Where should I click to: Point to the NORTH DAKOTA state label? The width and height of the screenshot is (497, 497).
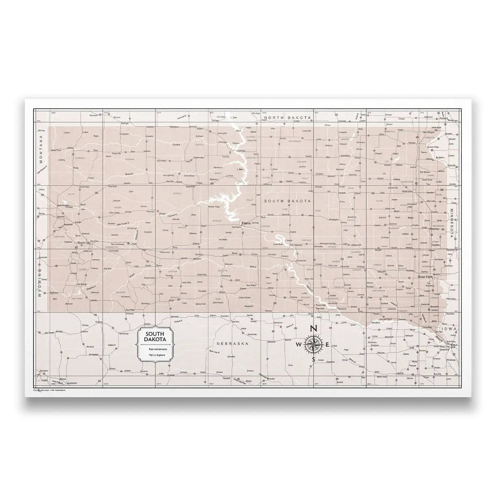(287, 118)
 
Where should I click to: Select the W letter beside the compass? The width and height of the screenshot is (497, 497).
(299, 345)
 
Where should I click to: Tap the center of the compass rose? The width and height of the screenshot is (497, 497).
(313, 344)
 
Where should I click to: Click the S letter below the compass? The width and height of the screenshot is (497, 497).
(313, 359)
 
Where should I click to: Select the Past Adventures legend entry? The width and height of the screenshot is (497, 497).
(156, 350)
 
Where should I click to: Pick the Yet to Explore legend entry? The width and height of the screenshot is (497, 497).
(156, 356)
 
